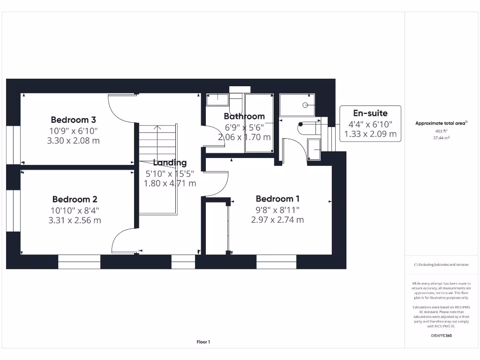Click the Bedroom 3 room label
(x=74, y=119)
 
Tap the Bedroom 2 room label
(x=75, y=199)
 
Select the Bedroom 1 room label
(x=277, y=198)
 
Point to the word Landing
(x=170, y=163)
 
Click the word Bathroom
(x=244, y=116)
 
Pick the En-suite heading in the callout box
(x=370, y=113)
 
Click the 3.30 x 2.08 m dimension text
(x=74, y=140)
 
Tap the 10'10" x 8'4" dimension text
(x=75, y=210)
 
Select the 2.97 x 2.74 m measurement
(x=277, y=219)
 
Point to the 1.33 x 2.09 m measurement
(x=370, y=134)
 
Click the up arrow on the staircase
(x=157, y=128)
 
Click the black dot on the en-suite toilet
(x=300, y=125)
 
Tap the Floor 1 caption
(x=203, y=342)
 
